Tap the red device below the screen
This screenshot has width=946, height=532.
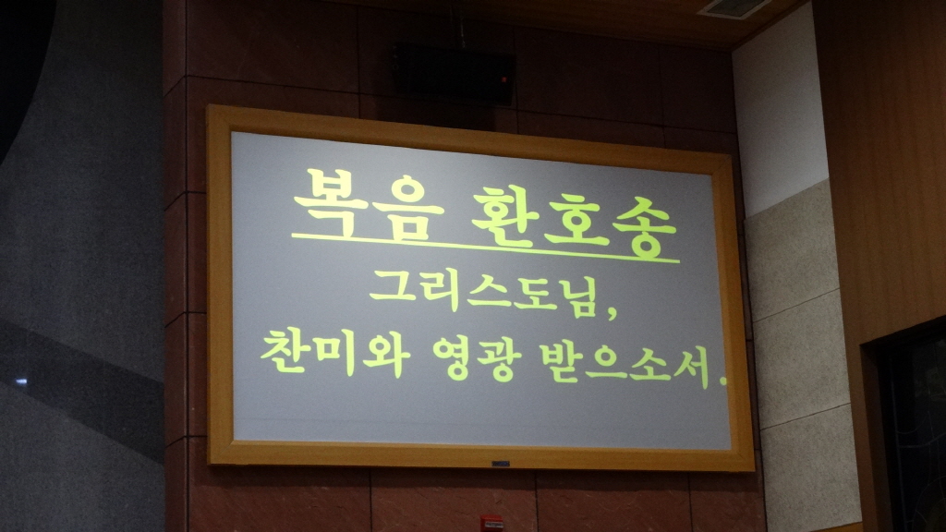tap(491, 523)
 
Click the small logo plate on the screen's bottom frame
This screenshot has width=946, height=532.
tap(502, 462)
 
